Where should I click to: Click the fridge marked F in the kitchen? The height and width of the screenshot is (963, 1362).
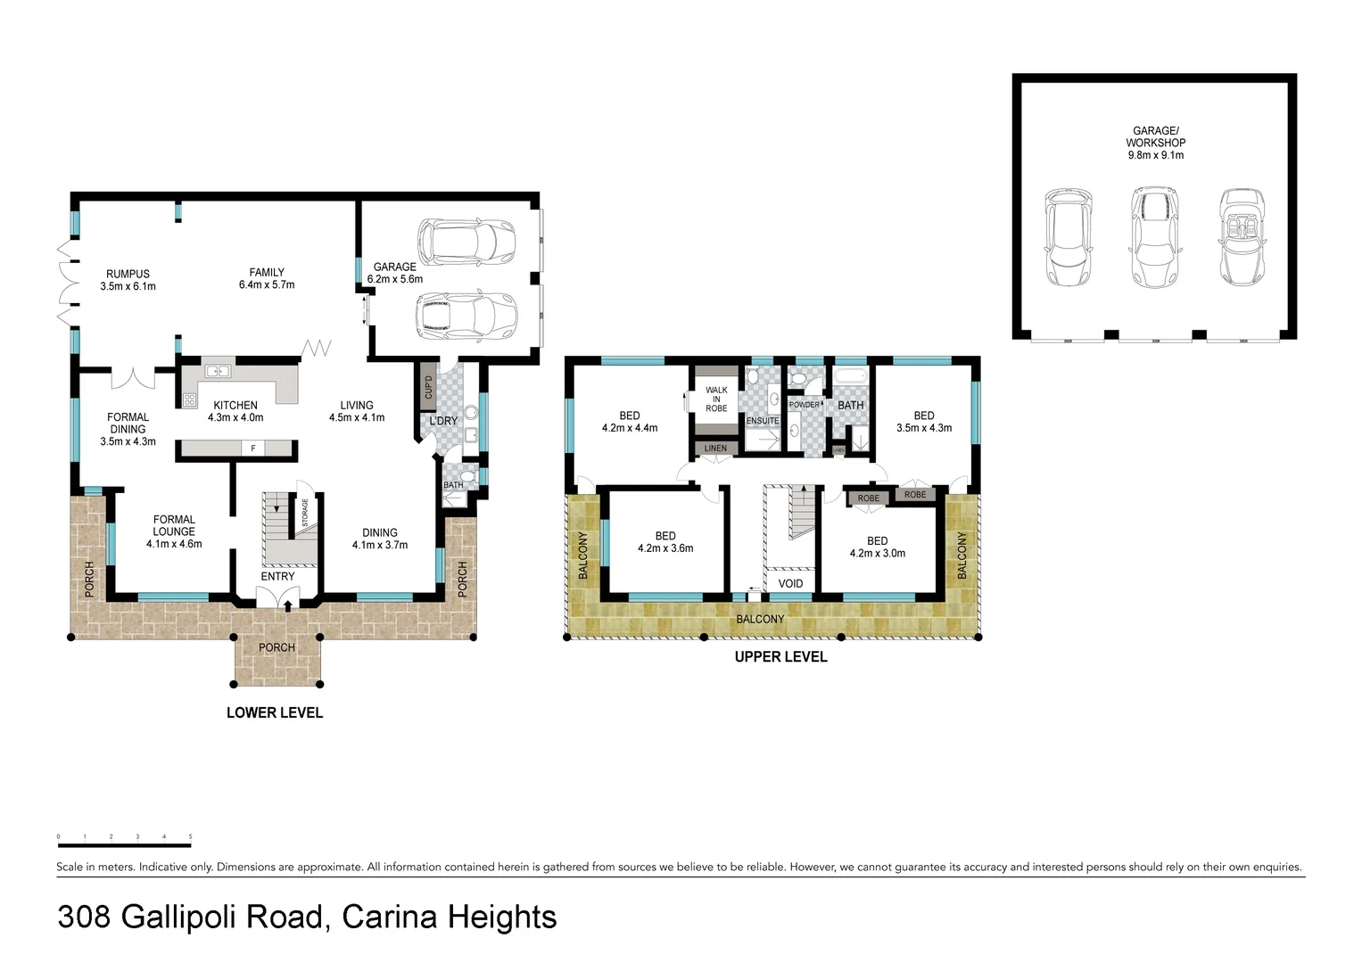coord(253,449)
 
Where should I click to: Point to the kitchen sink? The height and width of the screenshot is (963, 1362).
coord(217,371)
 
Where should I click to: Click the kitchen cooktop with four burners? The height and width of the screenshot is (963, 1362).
coord(189,400)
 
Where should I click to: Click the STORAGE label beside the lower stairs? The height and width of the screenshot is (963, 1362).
coord(305,513)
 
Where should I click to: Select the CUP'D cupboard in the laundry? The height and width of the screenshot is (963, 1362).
coord(428,388)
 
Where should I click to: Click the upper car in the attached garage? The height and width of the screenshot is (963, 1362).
coord(466,242)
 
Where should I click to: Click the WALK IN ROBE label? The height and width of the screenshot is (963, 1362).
coord(716,399)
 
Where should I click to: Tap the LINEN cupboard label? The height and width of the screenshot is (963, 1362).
coord(715,449)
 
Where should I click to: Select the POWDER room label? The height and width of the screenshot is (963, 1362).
coord(805,405)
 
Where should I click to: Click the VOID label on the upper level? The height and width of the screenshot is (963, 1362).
coord(790,584)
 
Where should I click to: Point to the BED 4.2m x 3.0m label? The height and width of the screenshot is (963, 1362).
coord(877,547)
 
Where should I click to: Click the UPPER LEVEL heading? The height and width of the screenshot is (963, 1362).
coord(780,657)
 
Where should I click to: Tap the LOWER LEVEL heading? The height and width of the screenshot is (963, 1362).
coord(275,712)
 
